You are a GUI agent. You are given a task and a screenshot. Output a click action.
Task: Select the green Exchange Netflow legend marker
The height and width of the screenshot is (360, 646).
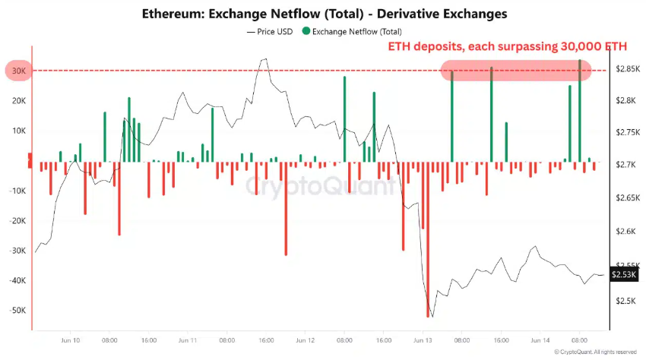306,31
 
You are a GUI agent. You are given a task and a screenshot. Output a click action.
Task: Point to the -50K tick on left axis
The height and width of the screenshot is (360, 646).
17,311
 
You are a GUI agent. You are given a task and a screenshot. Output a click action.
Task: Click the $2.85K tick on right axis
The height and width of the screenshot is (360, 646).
627,69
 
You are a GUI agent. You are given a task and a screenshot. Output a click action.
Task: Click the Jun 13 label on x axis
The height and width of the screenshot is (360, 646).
423,342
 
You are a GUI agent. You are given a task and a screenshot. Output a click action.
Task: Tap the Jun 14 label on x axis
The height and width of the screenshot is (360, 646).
540,342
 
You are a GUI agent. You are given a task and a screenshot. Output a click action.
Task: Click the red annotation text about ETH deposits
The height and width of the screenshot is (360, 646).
508,46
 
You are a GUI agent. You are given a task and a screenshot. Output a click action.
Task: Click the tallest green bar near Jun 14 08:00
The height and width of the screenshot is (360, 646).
580,110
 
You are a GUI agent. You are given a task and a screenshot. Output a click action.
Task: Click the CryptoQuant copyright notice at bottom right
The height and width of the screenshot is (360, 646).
597,352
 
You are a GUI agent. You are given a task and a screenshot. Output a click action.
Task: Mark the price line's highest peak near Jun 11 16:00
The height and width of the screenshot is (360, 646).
264,58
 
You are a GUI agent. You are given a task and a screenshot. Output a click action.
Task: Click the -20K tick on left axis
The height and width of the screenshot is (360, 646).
17,220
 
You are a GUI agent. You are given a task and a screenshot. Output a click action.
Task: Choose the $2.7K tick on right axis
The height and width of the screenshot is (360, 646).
627,164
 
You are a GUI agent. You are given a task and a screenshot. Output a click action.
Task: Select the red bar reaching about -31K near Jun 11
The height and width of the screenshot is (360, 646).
286,209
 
